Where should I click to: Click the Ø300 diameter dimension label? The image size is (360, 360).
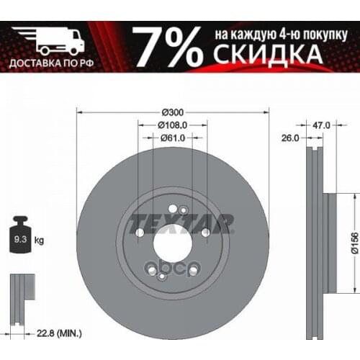point(172,112)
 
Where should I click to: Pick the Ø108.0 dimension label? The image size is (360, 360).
point(172,125)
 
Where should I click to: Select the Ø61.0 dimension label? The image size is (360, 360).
point(173,138)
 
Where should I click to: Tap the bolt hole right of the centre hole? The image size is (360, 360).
point(206,233)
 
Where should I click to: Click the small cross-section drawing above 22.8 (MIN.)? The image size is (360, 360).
point(22,294)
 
